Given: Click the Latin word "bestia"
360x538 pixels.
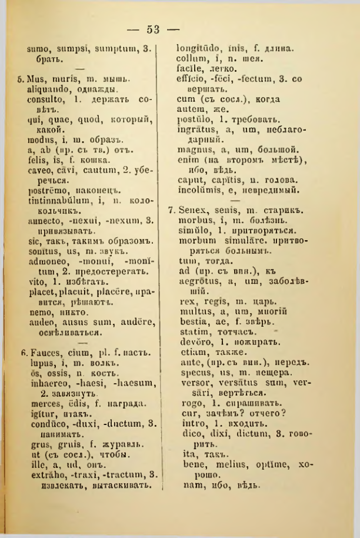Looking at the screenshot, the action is click(191, 321).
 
